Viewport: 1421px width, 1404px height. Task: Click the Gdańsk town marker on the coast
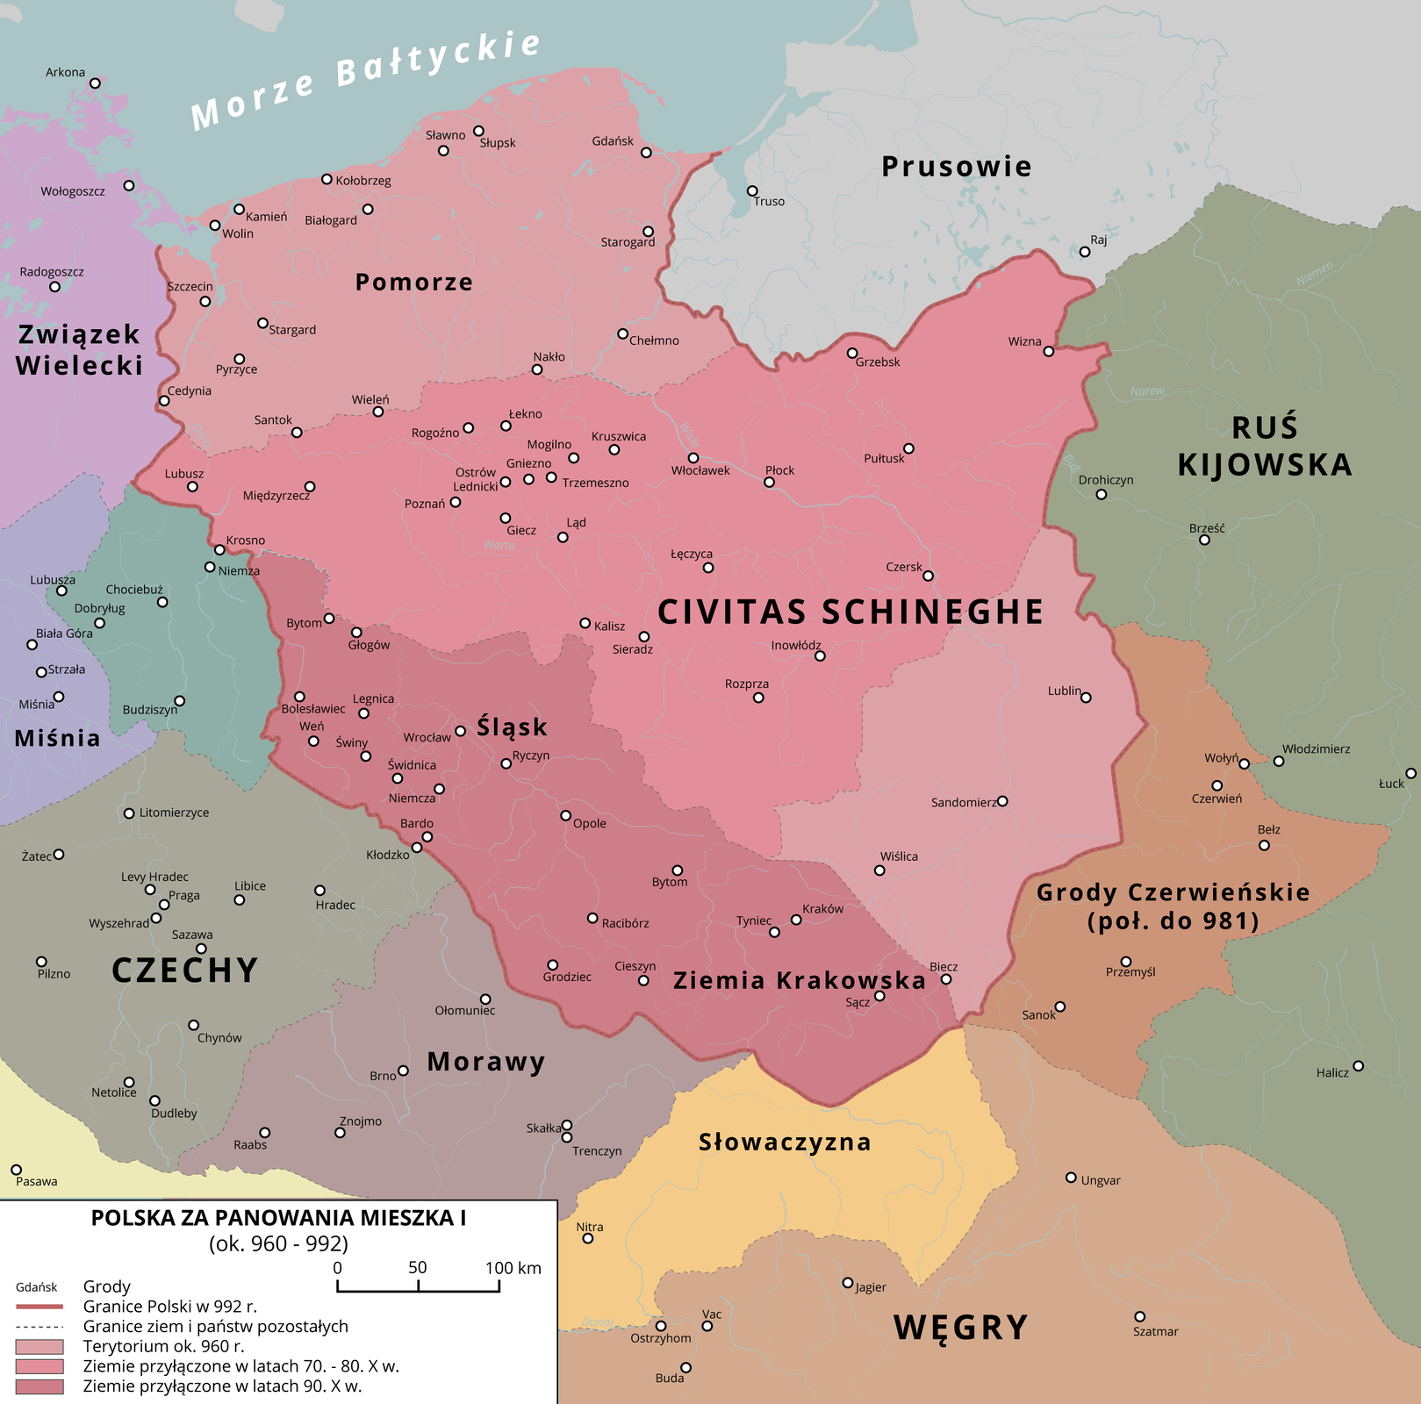[646, 153]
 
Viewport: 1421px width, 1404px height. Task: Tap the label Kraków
[822, 909]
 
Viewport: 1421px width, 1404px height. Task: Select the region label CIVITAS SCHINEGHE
[850, 612]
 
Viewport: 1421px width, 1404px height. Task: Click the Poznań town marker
[456, 503]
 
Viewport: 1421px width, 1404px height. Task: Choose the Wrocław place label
[427, 737]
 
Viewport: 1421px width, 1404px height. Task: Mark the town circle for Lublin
[1086, 698]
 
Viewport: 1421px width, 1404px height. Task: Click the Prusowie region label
[957, 167]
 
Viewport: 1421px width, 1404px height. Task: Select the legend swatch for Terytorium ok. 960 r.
[39, 1346]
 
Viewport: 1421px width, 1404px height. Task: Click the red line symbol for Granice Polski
[39, 1307]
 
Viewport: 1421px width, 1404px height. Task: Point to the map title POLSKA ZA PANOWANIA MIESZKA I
[278, 1218]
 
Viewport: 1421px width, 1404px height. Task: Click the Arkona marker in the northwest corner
[96, 83]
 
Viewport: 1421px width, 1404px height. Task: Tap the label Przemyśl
[1130, 972]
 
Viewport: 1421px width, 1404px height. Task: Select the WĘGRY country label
[960, 1327]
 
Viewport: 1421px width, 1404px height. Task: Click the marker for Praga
[163, 905]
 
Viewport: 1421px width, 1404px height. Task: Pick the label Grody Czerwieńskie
[1173, 893]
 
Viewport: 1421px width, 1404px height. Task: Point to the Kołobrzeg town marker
[327, 179]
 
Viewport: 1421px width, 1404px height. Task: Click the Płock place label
[779, 470]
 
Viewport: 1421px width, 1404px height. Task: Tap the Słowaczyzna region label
[785, 1142]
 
